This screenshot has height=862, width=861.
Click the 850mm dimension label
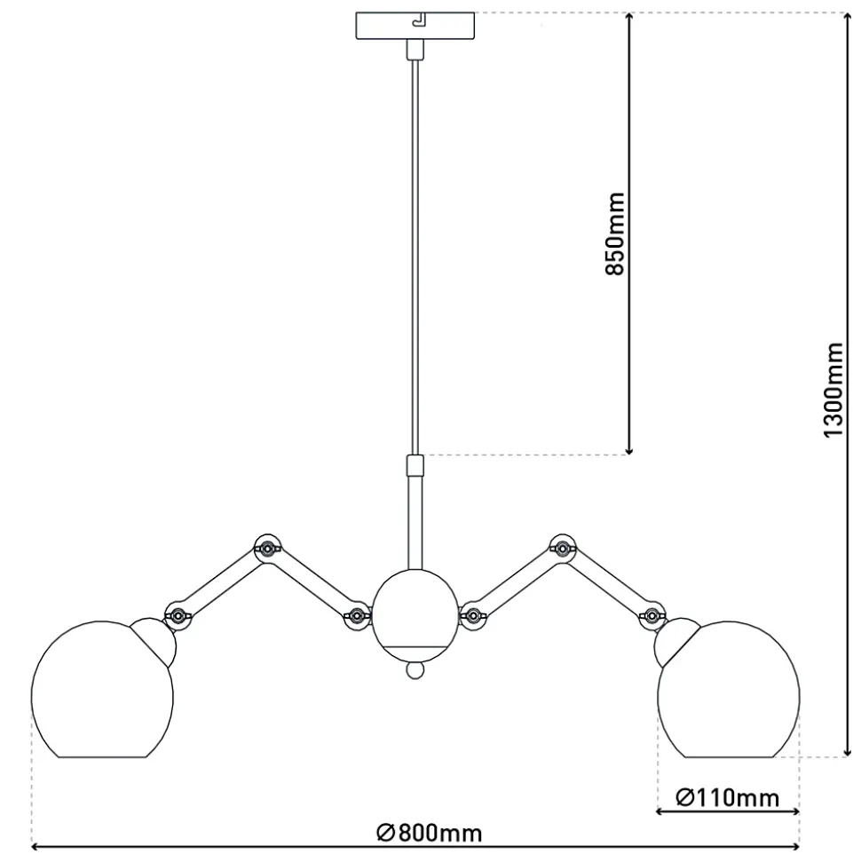[x=615, y=233]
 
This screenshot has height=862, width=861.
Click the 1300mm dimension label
[x=833, y=390]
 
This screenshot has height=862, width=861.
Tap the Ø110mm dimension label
[x=727, y=797]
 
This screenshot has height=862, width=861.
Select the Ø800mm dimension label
[x=430, y=833]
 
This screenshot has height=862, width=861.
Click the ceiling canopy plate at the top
[x=415, y=26]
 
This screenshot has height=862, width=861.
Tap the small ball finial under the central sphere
[x=415, y=669]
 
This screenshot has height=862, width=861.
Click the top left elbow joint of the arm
[x=267, y=548]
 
